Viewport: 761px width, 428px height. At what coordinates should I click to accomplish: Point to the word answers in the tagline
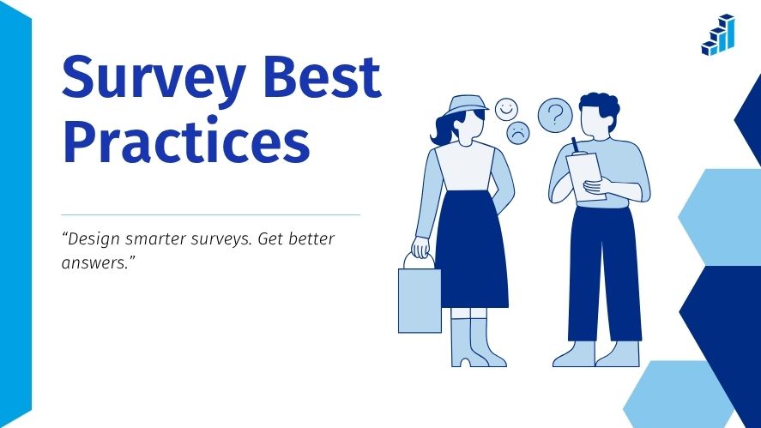95,263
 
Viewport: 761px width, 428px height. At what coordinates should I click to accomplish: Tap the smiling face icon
506,109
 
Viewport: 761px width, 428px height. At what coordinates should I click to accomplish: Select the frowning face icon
518,132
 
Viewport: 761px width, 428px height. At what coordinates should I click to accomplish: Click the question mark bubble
555,113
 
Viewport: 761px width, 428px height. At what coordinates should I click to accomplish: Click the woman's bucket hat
470,105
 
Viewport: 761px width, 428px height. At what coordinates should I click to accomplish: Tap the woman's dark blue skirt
471,249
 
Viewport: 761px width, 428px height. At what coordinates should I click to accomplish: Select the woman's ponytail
445,130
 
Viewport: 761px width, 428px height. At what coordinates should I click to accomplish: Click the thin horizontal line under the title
210,214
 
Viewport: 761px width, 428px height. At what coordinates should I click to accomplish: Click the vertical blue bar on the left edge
15,214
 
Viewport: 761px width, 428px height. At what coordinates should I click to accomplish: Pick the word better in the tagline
308,239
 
